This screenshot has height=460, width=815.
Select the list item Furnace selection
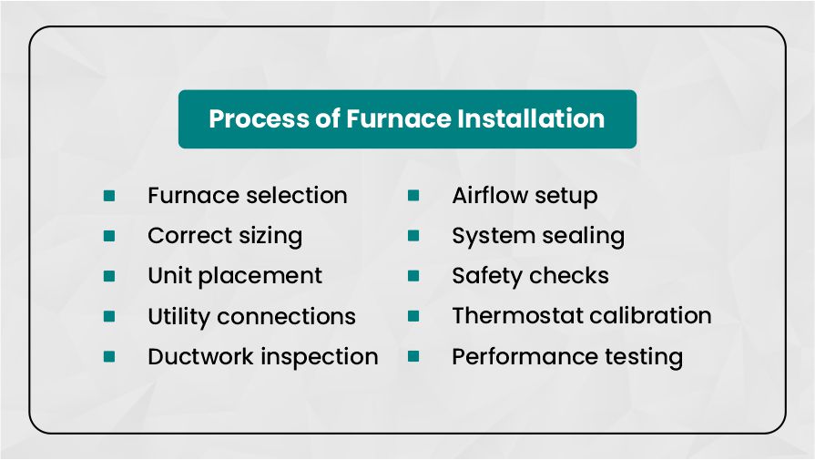[247, 196]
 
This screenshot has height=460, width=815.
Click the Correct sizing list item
[224, 236]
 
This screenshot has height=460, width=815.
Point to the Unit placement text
[234, 276]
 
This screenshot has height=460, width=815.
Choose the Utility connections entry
[251, 316]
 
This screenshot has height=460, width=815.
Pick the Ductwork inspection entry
[262, 356]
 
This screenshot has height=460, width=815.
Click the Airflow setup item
[525, 196]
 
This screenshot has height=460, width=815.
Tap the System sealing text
[537, 236]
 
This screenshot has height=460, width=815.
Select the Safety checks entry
[530, 276]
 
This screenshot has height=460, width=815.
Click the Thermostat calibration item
[581, 316]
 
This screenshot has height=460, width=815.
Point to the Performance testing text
[566, 356]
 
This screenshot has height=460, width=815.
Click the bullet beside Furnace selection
[109, 196]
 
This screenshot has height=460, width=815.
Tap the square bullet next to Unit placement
[109, 276]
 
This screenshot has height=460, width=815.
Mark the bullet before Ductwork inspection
[109, 356]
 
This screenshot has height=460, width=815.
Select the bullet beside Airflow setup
[413, 196]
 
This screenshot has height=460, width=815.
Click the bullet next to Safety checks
[413, 276]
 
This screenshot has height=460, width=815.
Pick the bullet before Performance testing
[413, 356]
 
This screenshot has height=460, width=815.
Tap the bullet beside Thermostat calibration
[413, 316]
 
